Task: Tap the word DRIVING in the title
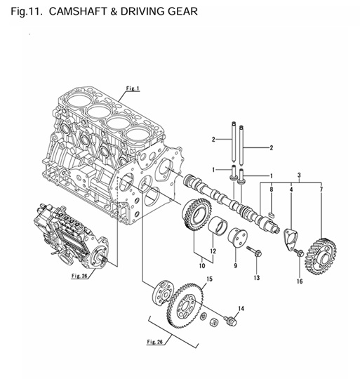(x=137, y=11)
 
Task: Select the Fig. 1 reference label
(x=133, y=88)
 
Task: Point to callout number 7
(x=322, y=189)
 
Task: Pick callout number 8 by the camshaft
(x=271, y=189)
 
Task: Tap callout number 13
(x=257, y=279)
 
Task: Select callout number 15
(x=208, y=279)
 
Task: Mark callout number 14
(x=241, y=308)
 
